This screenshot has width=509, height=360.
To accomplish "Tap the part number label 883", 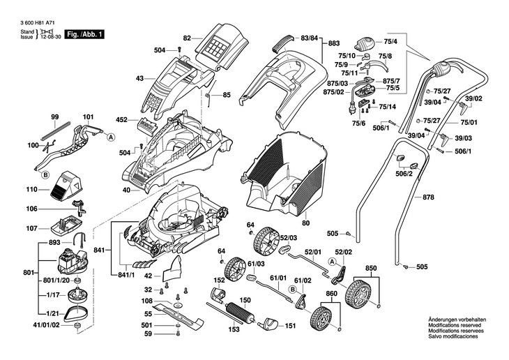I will (x=334, y=43).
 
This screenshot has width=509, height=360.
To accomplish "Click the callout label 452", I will (x=121, y=120).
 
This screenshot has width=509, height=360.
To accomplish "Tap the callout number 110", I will (x=31, y=189).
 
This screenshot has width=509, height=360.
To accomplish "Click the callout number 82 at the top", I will (x=186, y=38).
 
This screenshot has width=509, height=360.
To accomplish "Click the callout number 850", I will (x=370, y=268).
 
